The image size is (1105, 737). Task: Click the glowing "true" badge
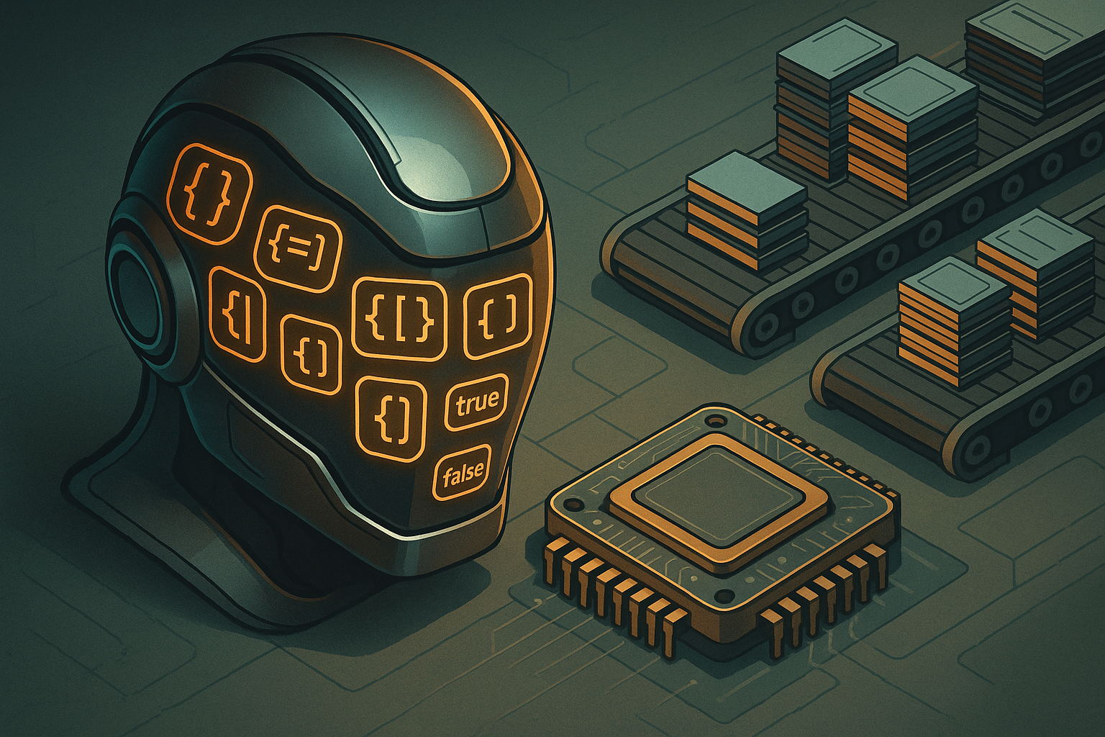click(x=476, y=402)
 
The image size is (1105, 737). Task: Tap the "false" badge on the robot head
click(x=463, y=472)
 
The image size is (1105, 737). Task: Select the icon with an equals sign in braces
click(x=299, y=248)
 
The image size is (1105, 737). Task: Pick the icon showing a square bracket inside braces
click(x=400, y=317)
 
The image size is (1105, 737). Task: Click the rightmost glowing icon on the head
click(x=499, y=315)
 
